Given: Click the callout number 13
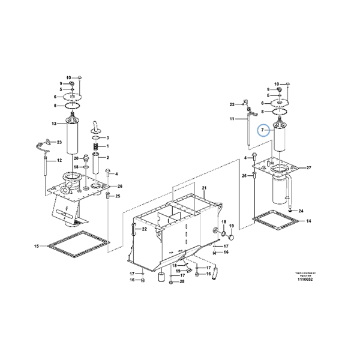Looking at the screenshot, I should pos(54,124).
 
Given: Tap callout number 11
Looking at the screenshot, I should pos(232,119).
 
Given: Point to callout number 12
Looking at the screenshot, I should pos(59,161).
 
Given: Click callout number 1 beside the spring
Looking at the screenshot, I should pos(107,146).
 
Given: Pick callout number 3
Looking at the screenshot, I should pos(107,138).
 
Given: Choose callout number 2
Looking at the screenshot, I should pos(107,157).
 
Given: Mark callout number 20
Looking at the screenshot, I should pos(76,158).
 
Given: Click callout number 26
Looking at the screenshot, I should pos(120,187).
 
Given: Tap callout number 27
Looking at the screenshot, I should pos(308,167).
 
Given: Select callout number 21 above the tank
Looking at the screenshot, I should pos(203,188).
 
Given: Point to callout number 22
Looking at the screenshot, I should pos(145,229).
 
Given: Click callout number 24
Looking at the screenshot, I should pos(301,211).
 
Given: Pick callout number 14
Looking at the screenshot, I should pos(308,221).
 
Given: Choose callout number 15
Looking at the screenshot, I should pos(36,246).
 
